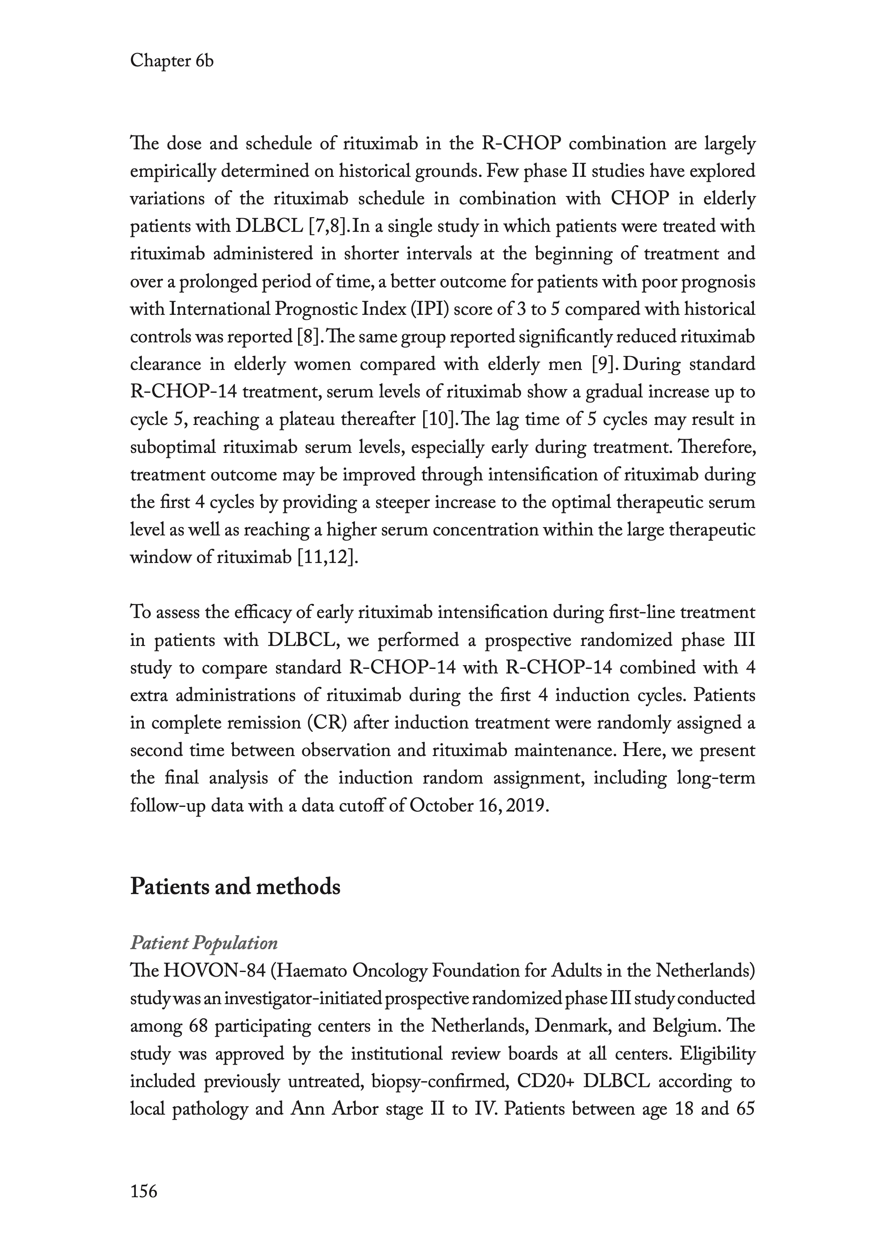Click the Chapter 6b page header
171,61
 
